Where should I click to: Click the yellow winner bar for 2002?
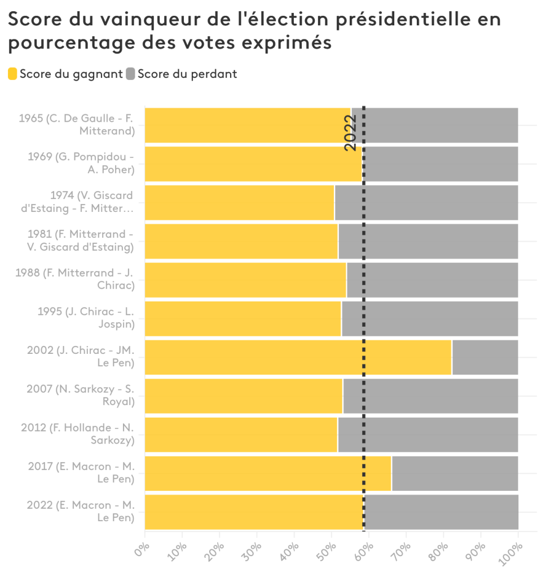(x=298, y=357)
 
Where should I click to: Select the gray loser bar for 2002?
(x=484, y=357)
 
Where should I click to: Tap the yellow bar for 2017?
(x=268, y=473)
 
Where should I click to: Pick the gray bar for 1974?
(x=426, y=202)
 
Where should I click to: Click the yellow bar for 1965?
(x=248, y=125)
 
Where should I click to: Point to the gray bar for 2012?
(x=427, y=434)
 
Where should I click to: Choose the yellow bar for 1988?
(x=245, y=280)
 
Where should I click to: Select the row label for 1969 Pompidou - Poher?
(x=81, y=163)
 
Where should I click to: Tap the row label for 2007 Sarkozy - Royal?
(x=81, y=396)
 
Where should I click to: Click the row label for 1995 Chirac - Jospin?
(x=86, y=318)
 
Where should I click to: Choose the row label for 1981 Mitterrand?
(x=80, y=241)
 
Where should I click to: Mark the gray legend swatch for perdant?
(x=131, y=74)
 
